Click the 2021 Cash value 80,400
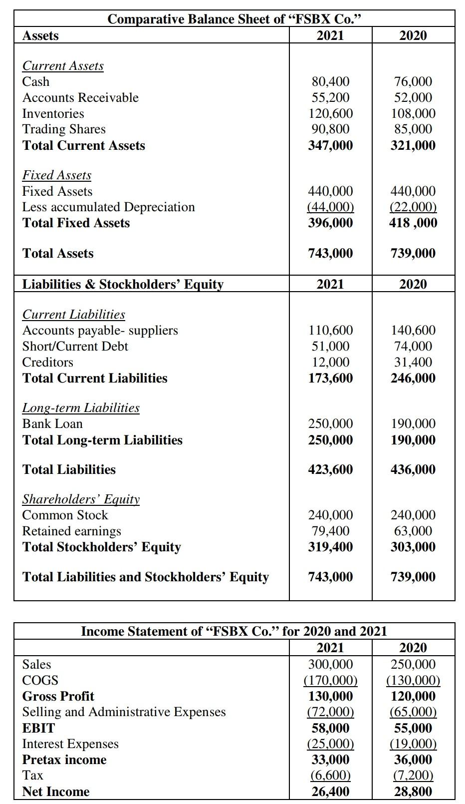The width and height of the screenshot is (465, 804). click(330, 81)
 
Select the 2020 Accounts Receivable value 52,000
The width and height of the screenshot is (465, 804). click(413, 97)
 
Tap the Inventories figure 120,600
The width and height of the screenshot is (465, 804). click(330, 113)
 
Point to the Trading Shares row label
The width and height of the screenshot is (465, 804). click(64, 129)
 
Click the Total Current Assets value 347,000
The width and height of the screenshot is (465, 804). click(330, 145)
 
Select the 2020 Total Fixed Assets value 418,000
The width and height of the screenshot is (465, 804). click(413, 223)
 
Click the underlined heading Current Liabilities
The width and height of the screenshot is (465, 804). click(74, 315)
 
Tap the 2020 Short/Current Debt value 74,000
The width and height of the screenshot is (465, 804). click(413, 346)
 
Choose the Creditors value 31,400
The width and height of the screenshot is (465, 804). click(413, 362)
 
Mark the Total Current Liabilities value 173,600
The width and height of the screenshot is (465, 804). click(330, 378)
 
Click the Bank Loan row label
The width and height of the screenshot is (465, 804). click(52, 424)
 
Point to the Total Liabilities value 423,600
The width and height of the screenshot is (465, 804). click(330, 469)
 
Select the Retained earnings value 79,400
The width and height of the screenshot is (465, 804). click(330, 531)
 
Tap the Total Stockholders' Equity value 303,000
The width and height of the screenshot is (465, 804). click(413, 547)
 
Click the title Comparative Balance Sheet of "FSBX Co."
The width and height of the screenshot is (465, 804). click(234, 19)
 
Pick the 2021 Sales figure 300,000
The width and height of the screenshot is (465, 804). click(330, 664)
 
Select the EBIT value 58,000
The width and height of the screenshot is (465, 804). click(330, 728)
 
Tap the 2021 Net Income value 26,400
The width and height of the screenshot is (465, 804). click(330, 792)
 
